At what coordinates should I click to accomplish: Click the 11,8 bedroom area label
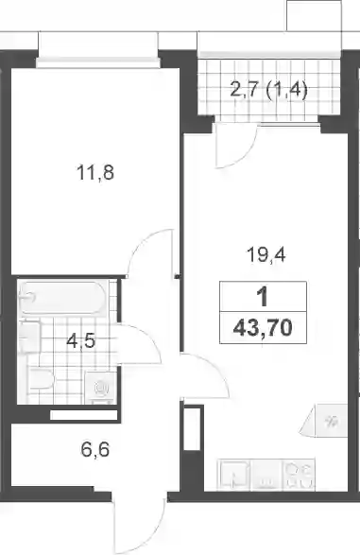click(95, 173)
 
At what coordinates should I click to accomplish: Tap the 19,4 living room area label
click(266, 255)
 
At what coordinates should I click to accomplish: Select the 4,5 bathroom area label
click(81, 341)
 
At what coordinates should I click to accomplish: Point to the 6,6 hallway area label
click(95, 450)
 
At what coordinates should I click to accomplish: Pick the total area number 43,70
click(263, 328)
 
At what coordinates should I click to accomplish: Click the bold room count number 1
click(263, 297)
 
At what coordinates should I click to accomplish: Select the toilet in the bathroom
click(41, 379)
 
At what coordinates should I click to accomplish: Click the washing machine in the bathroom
click(101, 388)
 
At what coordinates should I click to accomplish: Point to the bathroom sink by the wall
click(29, 337)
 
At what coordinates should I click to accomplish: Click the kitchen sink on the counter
click(234, 475)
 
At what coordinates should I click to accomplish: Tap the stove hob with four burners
click(299, 475)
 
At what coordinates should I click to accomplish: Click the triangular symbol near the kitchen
click(324, 421)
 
